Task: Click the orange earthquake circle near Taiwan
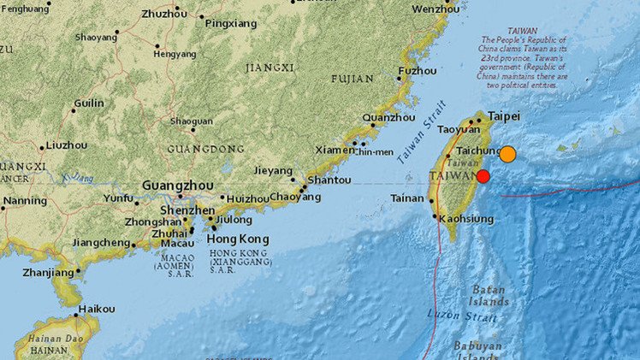coord(507,154)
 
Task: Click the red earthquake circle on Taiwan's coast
coord(483,176)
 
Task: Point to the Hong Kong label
coord(239,239)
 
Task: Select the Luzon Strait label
coord(451,316)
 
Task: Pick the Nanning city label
coord(24,203)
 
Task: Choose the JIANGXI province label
coord(270,67)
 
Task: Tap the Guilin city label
coord(89,103)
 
